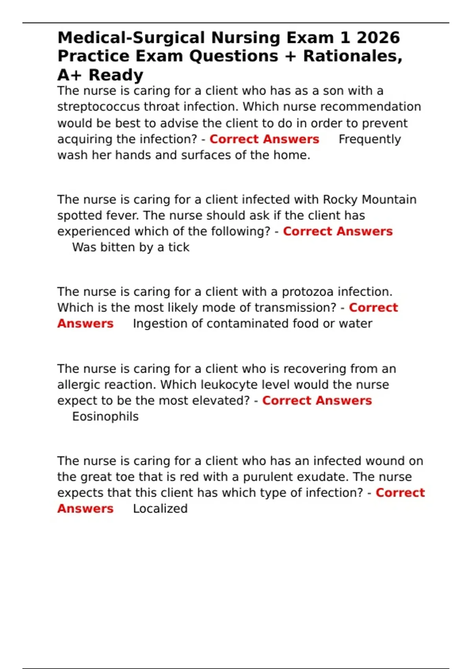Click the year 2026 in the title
pos(378,38)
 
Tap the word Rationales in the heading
pos(352,56)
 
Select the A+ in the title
pos(69,75)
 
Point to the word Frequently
pos(370,139)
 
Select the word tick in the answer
pos(179,247)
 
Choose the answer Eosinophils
pos(105,416)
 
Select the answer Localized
pos(160,508)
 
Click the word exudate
pos(322,477)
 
